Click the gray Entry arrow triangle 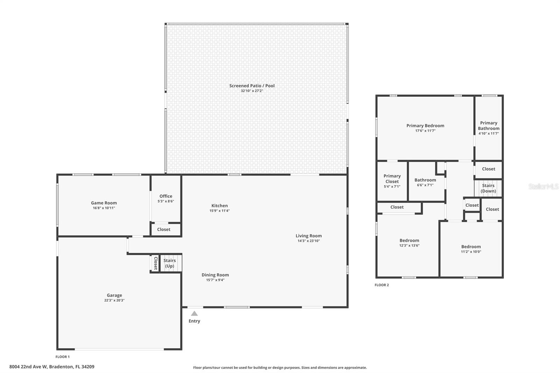(x=194, y=314)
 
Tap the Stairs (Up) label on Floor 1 (x=169, y=263)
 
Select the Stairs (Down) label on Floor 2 (x=488, y=188)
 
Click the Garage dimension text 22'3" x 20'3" (x=114, y=300)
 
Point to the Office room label (x=166, y=196)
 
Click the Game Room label (x=104, y=203)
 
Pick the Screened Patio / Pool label (x=252, y=86)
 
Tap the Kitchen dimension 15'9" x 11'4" (x=219, y=211)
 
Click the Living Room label (x=308, y=236)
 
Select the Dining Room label (x=215, y=275)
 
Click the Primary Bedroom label (x=425, y=126)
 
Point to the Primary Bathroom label (x=489, y=126)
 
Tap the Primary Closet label (x=392, y=179)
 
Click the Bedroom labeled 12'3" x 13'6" (x=409, y=241)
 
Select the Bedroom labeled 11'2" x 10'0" (x=471, y=247)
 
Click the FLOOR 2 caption (x=381, y=285)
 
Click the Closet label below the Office (x=163, y=230)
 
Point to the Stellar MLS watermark (x=543, y=187)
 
